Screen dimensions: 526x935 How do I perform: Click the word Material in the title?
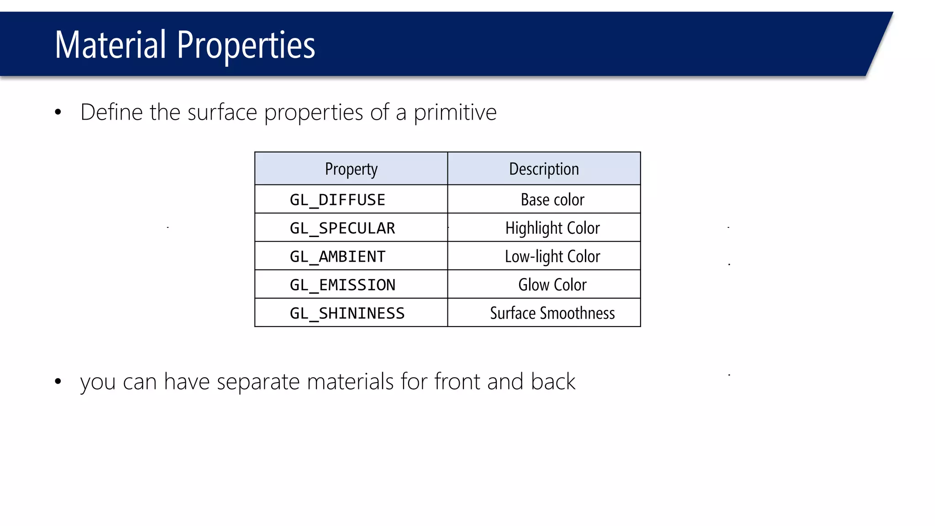[110, 45]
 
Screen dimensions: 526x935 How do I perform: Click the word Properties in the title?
[246, 46]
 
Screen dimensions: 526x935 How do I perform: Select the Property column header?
[351, 169]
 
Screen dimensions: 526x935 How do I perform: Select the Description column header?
[544, 169]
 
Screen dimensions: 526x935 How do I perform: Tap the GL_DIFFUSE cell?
[337, 200]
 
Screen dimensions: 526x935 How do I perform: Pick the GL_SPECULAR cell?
[342, 228]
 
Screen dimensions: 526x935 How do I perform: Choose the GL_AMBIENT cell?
[337, 256]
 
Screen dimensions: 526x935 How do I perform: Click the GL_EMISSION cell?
[342, 284]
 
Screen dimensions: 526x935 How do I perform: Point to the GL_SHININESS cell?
[347, 313]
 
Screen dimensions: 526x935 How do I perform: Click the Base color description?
[552, 200]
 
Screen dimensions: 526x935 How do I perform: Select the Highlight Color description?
[552, 228]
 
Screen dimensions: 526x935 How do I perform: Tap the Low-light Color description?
[552, 256]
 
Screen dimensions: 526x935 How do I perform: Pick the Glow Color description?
[552, 284]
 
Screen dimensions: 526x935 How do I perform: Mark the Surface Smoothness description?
[552, 313]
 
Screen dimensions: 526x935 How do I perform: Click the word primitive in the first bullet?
[455, 112]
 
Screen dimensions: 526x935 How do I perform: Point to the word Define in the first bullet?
[111, 112]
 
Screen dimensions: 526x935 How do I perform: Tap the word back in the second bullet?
[553, 381]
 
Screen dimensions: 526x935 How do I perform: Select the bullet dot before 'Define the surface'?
[58, 112]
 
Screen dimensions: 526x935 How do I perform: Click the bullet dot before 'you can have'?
[58, 381]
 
